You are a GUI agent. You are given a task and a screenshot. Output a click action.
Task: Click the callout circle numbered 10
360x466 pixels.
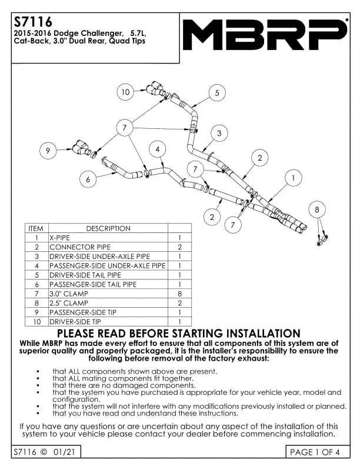tap(125, 92)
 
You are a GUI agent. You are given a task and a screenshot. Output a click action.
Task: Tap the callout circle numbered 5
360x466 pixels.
tap(217, 93)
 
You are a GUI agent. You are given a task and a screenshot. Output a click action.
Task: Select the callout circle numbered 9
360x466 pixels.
tap(48, 151)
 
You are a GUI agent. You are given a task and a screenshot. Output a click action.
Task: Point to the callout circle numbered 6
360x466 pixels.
tap(88, 179)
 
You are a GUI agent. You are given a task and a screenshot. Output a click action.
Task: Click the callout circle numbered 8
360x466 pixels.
tap(317, 209)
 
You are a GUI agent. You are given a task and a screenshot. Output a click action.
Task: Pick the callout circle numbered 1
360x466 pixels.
tap(293, 178)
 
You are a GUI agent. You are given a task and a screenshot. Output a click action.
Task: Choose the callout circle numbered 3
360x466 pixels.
tap(219, 133)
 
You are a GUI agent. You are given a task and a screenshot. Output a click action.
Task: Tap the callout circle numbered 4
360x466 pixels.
tap(158, 149)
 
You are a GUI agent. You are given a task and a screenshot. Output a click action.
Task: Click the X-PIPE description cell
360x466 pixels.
tap(108, 238)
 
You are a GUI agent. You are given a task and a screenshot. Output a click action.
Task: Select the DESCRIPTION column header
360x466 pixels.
tap(108, 228)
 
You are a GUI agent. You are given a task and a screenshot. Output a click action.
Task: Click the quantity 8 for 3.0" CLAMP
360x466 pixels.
tap(179, 294)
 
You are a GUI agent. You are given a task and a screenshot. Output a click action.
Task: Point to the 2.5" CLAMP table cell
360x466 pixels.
tap(108, 303)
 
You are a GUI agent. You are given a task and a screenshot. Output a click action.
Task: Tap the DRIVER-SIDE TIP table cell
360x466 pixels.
tap(108, 322)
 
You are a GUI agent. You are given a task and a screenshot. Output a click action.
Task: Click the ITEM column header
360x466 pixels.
tap(36, 228)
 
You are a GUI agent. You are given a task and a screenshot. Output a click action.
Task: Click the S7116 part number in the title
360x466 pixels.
tap(33, 22)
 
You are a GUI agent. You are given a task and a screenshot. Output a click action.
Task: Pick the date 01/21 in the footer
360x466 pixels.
tap(64, 452)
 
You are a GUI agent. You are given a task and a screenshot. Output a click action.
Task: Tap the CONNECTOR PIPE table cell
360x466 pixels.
tap(108, 247)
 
